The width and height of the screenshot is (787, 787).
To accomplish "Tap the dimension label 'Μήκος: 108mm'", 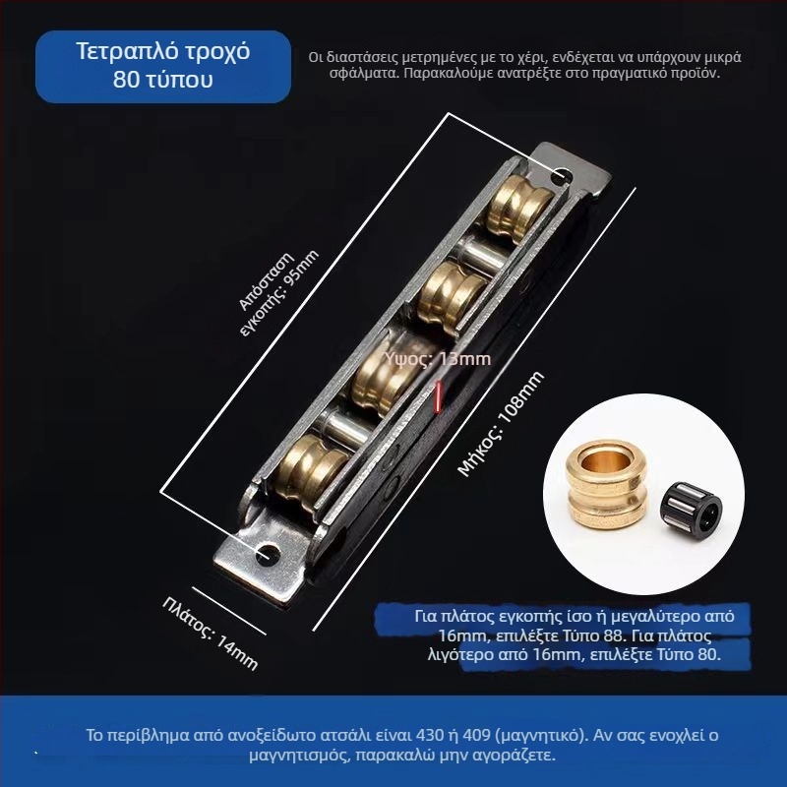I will (501, 424).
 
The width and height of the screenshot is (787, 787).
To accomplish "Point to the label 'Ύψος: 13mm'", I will (438, 359).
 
